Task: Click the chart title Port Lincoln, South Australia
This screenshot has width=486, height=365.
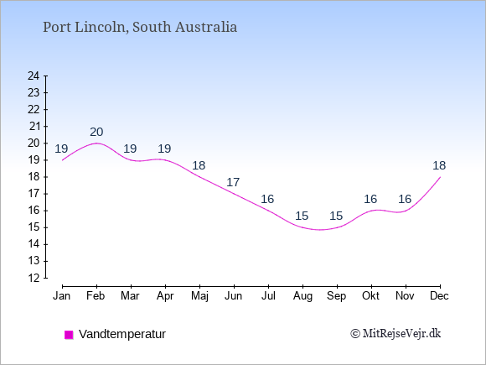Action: [140, 27]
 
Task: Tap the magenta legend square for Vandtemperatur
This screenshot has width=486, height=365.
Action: [69, 335]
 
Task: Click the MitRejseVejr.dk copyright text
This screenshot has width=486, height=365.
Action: [396, 334]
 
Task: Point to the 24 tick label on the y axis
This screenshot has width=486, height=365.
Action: [34, 76]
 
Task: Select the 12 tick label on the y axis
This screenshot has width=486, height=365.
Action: [34, 278]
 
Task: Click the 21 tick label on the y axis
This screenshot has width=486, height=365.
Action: [34, 127]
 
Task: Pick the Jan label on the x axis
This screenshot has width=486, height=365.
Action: [62, 296]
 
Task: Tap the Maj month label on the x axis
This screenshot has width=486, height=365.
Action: [199, 296]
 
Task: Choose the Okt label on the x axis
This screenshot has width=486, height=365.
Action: [370, 296]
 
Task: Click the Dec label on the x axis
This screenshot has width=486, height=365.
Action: [440, 296]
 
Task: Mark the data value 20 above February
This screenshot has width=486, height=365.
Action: [96, 132]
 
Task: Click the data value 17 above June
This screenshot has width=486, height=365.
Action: [233, 182]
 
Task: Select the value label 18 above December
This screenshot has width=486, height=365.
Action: [439, 165]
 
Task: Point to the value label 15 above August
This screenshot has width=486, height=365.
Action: [302, 216]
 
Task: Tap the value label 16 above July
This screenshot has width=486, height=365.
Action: [267, 199]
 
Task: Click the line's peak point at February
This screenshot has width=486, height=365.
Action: [96, 143]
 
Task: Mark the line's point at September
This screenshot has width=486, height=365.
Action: [337, 227]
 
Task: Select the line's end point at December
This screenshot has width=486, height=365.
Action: [440, 177]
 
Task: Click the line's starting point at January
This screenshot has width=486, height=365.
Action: [62, 160]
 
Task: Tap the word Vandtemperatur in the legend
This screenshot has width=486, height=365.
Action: [122, 334]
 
